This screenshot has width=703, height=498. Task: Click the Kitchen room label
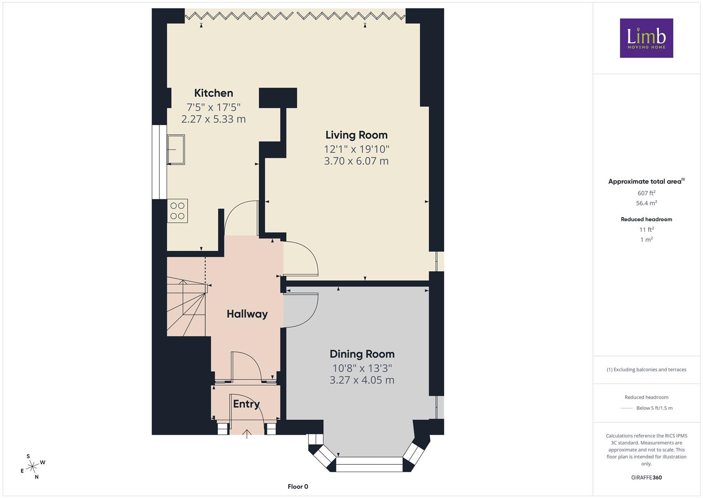click(214, 93)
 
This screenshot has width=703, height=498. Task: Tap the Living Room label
click(356, 135)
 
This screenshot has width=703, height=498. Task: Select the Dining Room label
click(362, 354)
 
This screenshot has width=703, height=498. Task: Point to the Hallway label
click(247, 314)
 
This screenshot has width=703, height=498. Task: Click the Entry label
click(246, 404)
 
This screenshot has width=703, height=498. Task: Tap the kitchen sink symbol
click(176, 150)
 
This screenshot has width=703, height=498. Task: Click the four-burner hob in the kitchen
click(177, 211)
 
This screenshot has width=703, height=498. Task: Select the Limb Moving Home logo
click(646, 38)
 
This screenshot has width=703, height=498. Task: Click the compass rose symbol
click(32, 467)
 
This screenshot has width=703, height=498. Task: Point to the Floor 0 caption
click(298, 486)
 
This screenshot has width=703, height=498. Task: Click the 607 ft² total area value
click(646, 193)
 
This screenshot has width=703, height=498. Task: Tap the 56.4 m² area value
click(646, 203)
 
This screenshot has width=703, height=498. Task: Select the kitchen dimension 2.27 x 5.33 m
click(214, 119)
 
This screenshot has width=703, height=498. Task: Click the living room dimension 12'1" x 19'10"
click(356, 149)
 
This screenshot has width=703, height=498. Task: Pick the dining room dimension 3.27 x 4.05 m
click(362, 380)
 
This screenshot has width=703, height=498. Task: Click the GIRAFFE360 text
click(646, 477)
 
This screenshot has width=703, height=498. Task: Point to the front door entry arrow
click(247, 434)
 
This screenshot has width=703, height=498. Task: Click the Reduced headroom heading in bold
click(646, 219)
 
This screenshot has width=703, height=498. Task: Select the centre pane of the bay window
click(369, 464)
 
